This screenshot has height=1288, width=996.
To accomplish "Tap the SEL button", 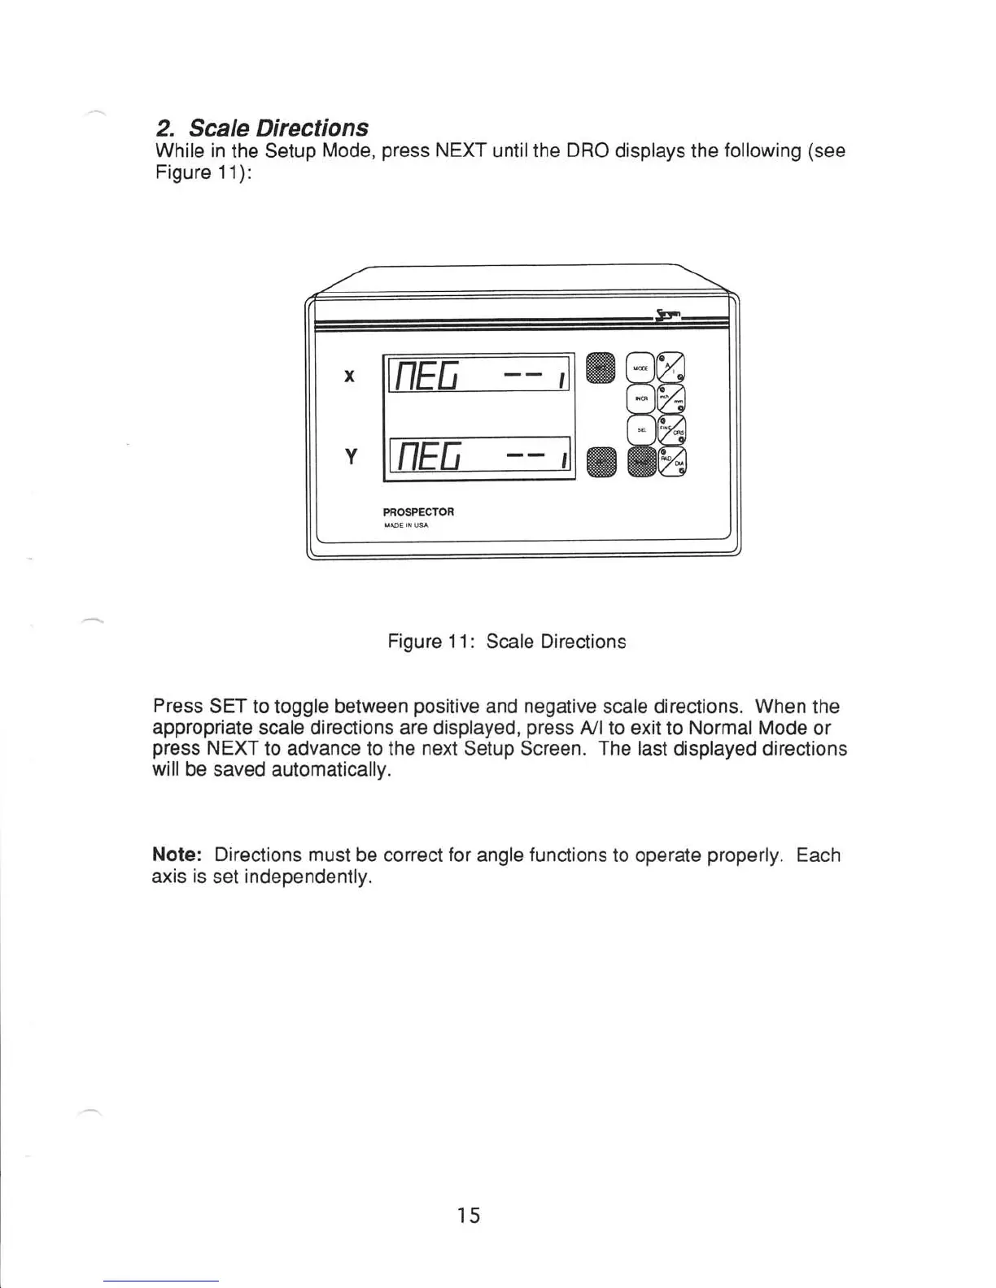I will [640, 429].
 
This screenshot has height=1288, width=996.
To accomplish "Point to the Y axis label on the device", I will [350, 458].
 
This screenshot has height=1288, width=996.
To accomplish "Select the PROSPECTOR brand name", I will [418, 512].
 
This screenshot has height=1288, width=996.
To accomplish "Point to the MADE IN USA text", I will [405, 525].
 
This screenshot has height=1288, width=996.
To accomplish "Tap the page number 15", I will [468, 1216].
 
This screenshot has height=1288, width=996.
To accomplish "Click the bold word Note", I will [176, 855].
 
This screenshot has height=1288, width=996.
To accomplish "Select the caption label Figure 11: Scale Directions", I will [506, 642].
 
